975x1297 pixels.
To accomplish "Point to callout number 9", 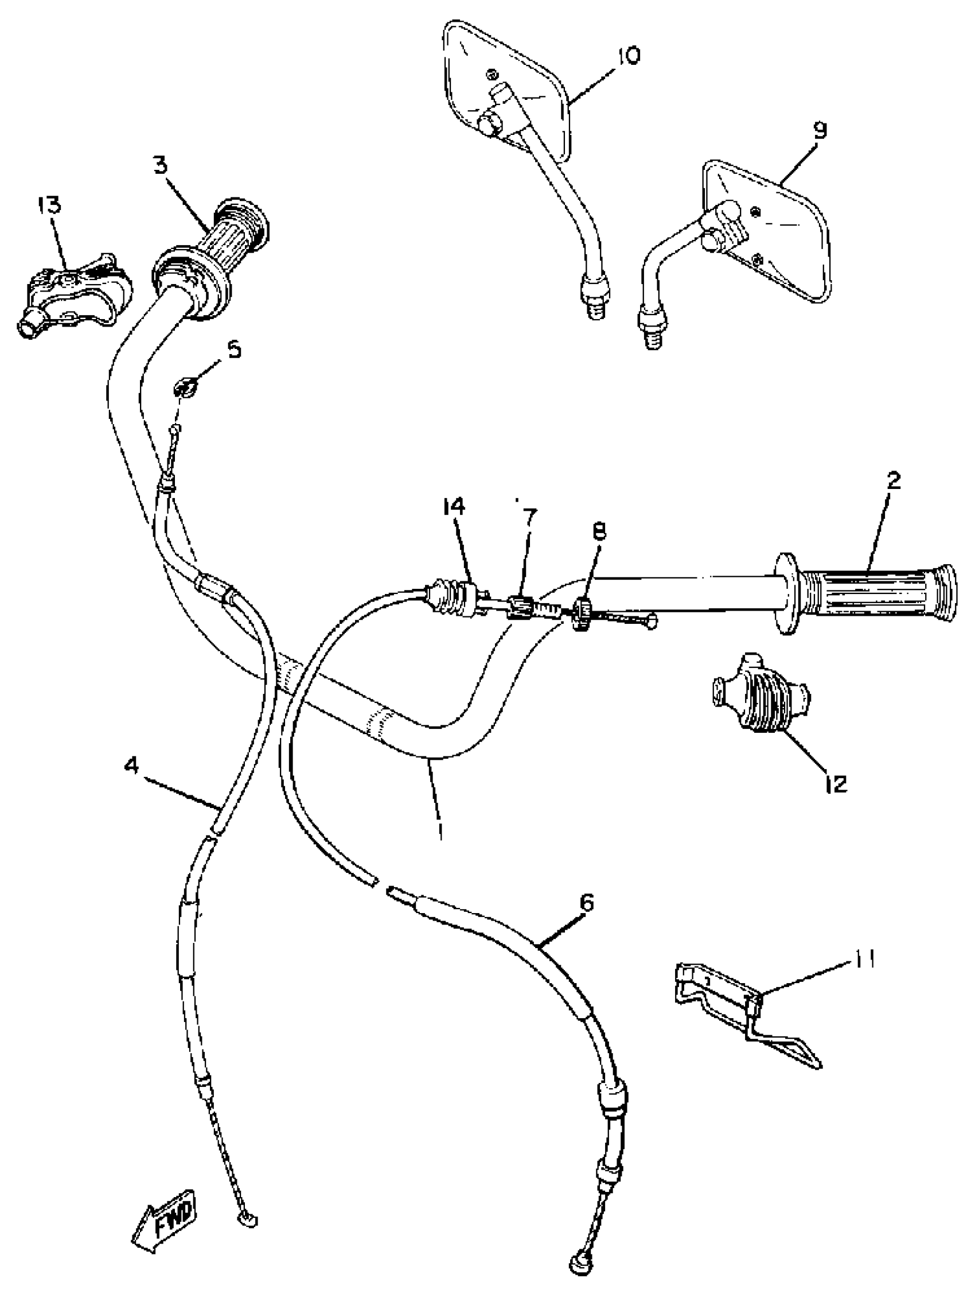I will [819, 131].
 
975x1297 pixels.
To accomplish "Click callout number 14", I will [453, 506].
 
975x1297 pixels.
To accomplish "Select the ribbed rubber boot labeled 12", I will [760, 703].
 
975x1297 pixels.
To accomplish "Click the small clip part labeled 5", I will [185, 387].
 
